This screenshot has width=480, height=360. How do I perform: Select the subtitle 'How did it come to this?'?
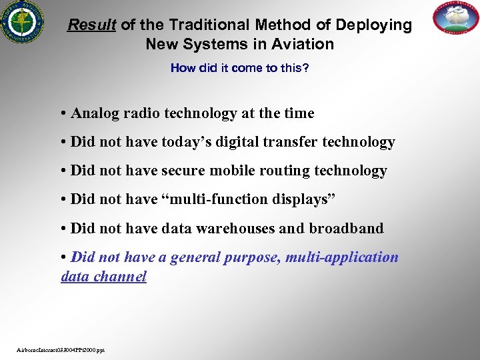point(239,68)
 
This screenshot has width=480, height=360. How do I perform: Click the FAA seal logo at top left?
point(22,22)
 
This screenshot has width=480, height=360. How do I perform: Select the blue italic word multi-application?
point(342,257)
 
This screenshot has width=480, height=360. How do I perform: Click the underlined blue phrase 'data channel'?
point(103,276)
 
